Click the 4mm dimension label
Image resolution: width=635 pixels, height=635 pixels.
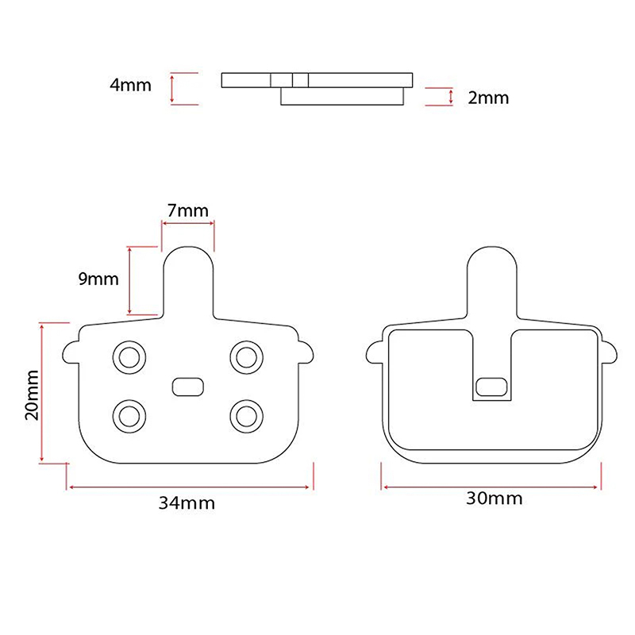(130, 85)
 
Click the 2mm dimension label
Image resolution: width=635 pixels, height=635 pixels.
(488, 98)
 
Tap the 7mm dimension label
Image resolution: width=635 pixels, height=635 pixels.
(188, 210)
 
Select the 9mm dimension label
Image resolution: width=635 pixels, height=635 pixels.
(98, 279)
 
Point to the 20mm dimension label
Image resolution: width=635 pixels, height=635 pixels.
(32, 394)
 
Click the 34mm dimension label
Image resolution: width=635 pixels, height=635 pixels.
(187, 503)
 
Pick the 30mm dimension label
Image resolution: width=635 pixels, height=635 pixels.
(495, 498)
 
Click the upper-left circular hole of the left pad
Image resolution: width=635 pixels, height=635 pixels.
(129, 358)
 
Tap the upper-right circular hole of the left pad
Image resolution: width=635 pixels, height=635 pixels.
(246, 358)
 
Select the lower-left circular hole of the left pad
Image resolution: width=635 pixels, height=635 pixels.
(129, 416)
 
